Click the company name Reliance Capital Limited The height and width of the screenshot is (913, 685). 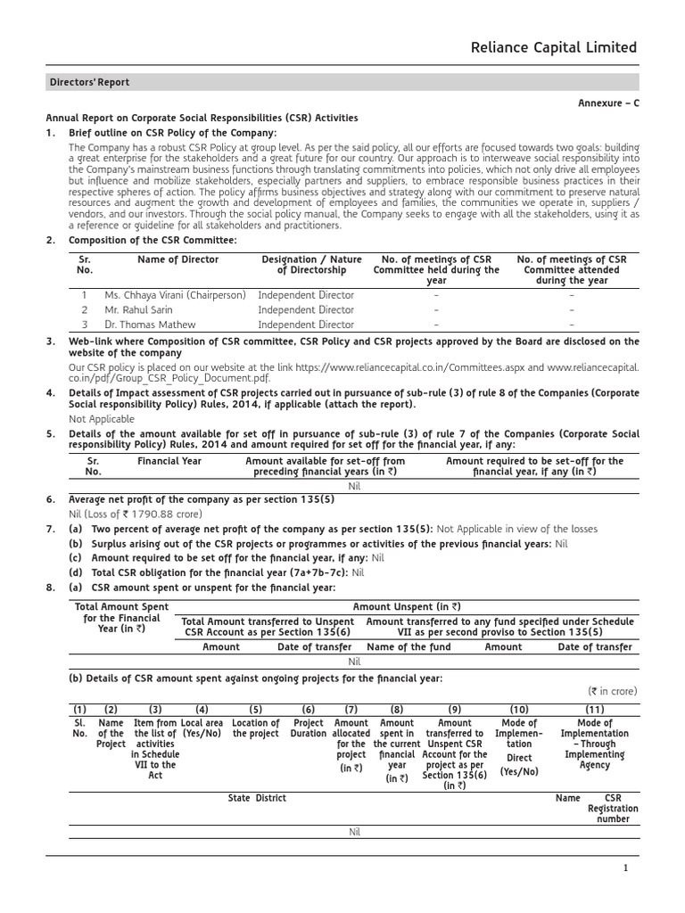click(x=554, y=47)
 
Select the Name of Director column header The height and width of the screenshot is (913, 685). click(x=177, y=259)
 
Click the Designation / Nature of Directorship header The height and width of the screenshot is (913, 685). click(x=311, y=265)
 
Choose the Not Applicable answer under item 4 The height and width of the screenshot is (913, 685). click(x=102, y=419)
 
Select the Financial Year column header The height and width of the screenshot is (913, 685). click(x=169, y=461)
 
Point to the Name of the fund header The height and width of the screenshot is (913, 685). click(x=409, y=647)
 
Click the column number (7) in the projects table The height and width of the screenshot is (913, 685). click(x=351, y=710)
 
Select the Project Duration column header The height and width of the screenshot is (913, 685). click(x=309, y=728)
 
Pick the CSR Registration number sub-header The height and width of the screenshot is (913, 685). click(x=613, y=809)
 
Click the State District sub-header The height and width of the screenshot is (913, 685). click(x=257, y=798)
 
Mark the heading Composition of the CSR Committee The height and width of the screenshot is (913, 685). click(x=153, y=241)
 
